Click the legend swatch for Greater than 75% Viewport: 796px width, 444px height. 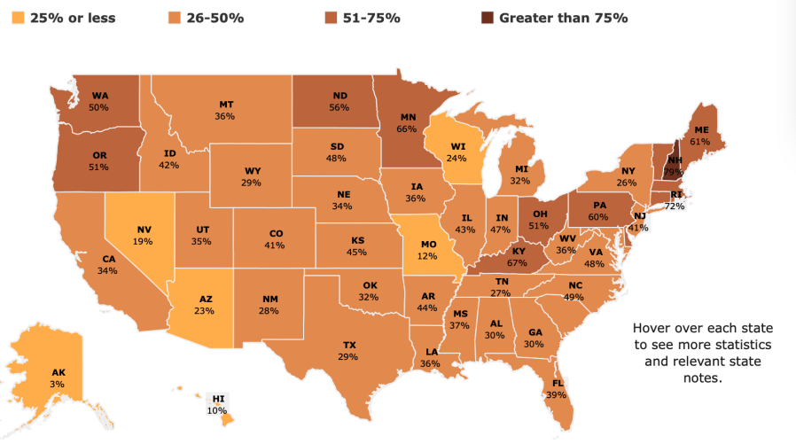point(487,18)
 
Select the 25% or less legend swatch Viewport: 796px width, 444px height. point(13,18)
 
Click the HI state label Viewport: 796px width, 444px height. point(217,400)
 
